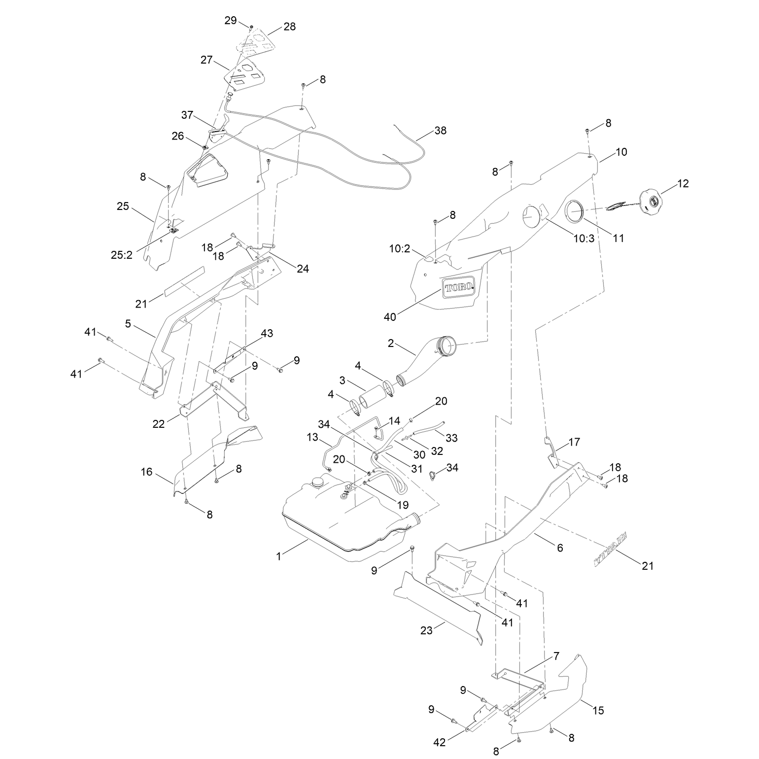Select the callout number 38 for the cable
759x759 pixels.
(440, 131)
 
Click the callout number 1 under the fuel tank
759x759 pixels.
(278, 556)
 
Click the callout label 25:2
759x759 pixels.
(121, 255)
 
